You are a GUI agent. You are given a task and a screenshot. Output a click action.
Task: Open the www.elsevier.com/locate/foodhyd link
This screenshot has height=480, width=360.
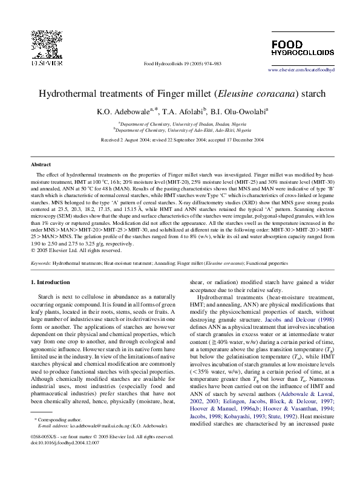pos(300,70)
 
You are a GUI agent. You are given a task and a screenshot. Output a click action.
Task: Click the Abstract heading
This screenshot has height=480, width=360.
pos(41,164)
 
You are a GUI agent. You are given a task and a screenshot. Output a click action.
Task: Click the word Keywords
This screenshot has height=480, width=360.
pos(41,264)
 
